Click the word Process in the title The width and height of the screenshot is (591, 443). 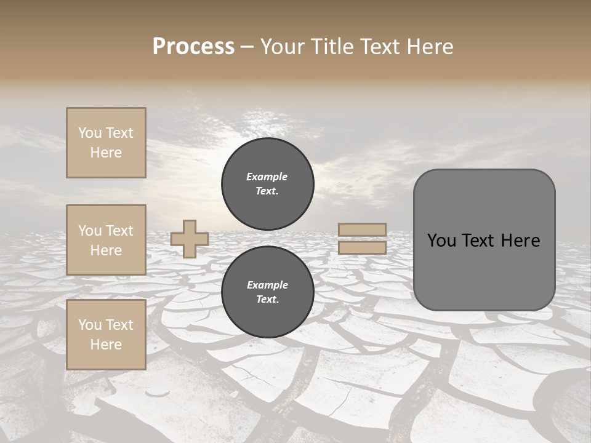(x=193, y=47)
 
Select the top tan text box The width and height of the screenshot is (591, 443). (x=106, y=143)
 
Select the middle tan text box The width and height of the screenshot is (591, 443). (x=106, y=240)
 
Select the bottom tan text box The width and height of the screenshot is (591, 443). (x=106, y=335)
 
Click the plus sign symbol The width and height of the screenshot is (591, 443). (x=190, y=239)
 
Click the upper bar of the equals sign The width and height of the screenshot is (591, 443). (x=363, y=229)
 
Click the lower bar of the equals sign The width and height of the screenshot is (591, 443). (x=363, y=247)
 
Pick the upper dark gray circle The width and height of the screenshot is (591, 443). (x=267, y=184)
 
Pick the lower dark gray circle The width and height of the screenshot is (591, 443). (x=267, y=292)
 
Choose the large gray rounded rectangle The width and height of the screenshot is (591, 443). (x=484, y=240)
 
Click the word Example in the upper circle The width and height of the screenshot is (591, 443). (x=267, y=177)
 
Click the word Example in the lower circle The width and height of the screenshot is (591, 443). (x=267, y=285)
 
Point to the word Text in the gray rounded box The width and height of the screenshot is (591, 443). (x=477, y=241)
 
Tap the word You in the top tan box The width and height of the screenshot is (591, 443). (x=89, y=133)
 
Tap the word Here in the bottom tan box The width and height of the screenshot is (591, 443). (x=106, y=345)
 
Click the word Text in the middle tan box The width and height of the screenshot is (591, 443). (x=119, y=231)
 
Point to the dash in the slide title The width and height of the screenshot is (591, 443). (x=247, y=47)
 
